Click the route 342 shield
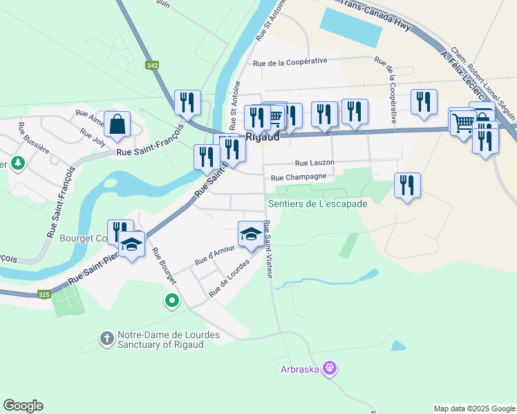pyautogui.click(x=152, y=65)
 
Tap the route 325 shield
pyautogui.click(x=44, y=295)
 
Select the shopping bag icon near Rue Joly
pyautogui.click(x=117, y=124)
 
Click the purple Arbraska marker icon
pyautogui.click(x=330, y=369)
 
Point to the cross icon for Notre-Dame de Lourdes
pyautogui.click(x=106, y=339)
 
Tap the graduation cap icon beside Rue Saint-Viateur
pyautogui.click(x=251, y=233)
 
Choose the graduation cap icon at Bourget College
pyautogui.click(x=131, y=243)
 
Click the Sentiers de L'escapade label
pyautogui.click(x=318, y=204)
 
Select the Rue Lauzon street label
pyautogui.click(x=314, y=163)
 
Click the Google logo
pyautogui.click(x=23, y=406)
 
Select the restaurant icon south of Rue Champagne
pyautogui.click(x=407, y=185)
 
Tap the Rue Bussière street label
pyautogui.click(x=30, y=136)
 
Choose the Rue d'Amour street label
pyautogui.click(x=210, y=258)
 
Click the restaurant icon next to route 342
pyautogui.click(x=187, y=102)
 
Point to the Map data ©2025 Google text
pyautogui.click(x=473, y=408)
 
